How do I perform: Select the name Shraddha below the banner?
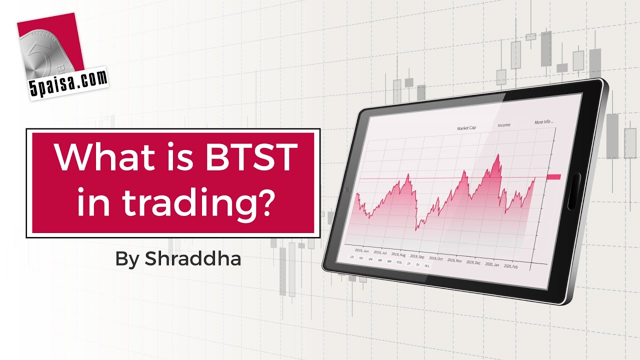pyautogui.click(x=193, y=259)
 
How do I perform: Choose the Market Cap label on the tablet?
pyautogui.click(x=466, y=128)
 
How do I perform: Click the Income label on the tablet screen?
pyautogui.click(x=503, y=125)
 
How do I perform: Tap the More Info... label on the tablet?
pyautogui.click(x=544, y=122)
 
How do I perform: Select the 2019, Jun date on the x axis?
pyautogui.click(x=361, y=250)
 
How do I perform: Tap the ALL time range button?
pyautogui.click(x=426, y=265)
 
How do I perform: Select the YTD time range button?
pyautogui.click(x=399, y=262)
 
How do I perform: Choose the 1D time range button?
pyautogui.click(x=352, y=257)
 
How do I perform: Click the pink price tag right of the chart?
pyautogui.click(x=554, y=176)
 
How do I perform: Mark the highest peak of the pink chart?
pyautogui.click(x=498, y=155)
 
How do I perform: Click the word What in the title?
pyautogui.click(x=100, y=156)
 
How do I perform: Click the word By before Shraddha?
pyautogui.click(x=127, y=259)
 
